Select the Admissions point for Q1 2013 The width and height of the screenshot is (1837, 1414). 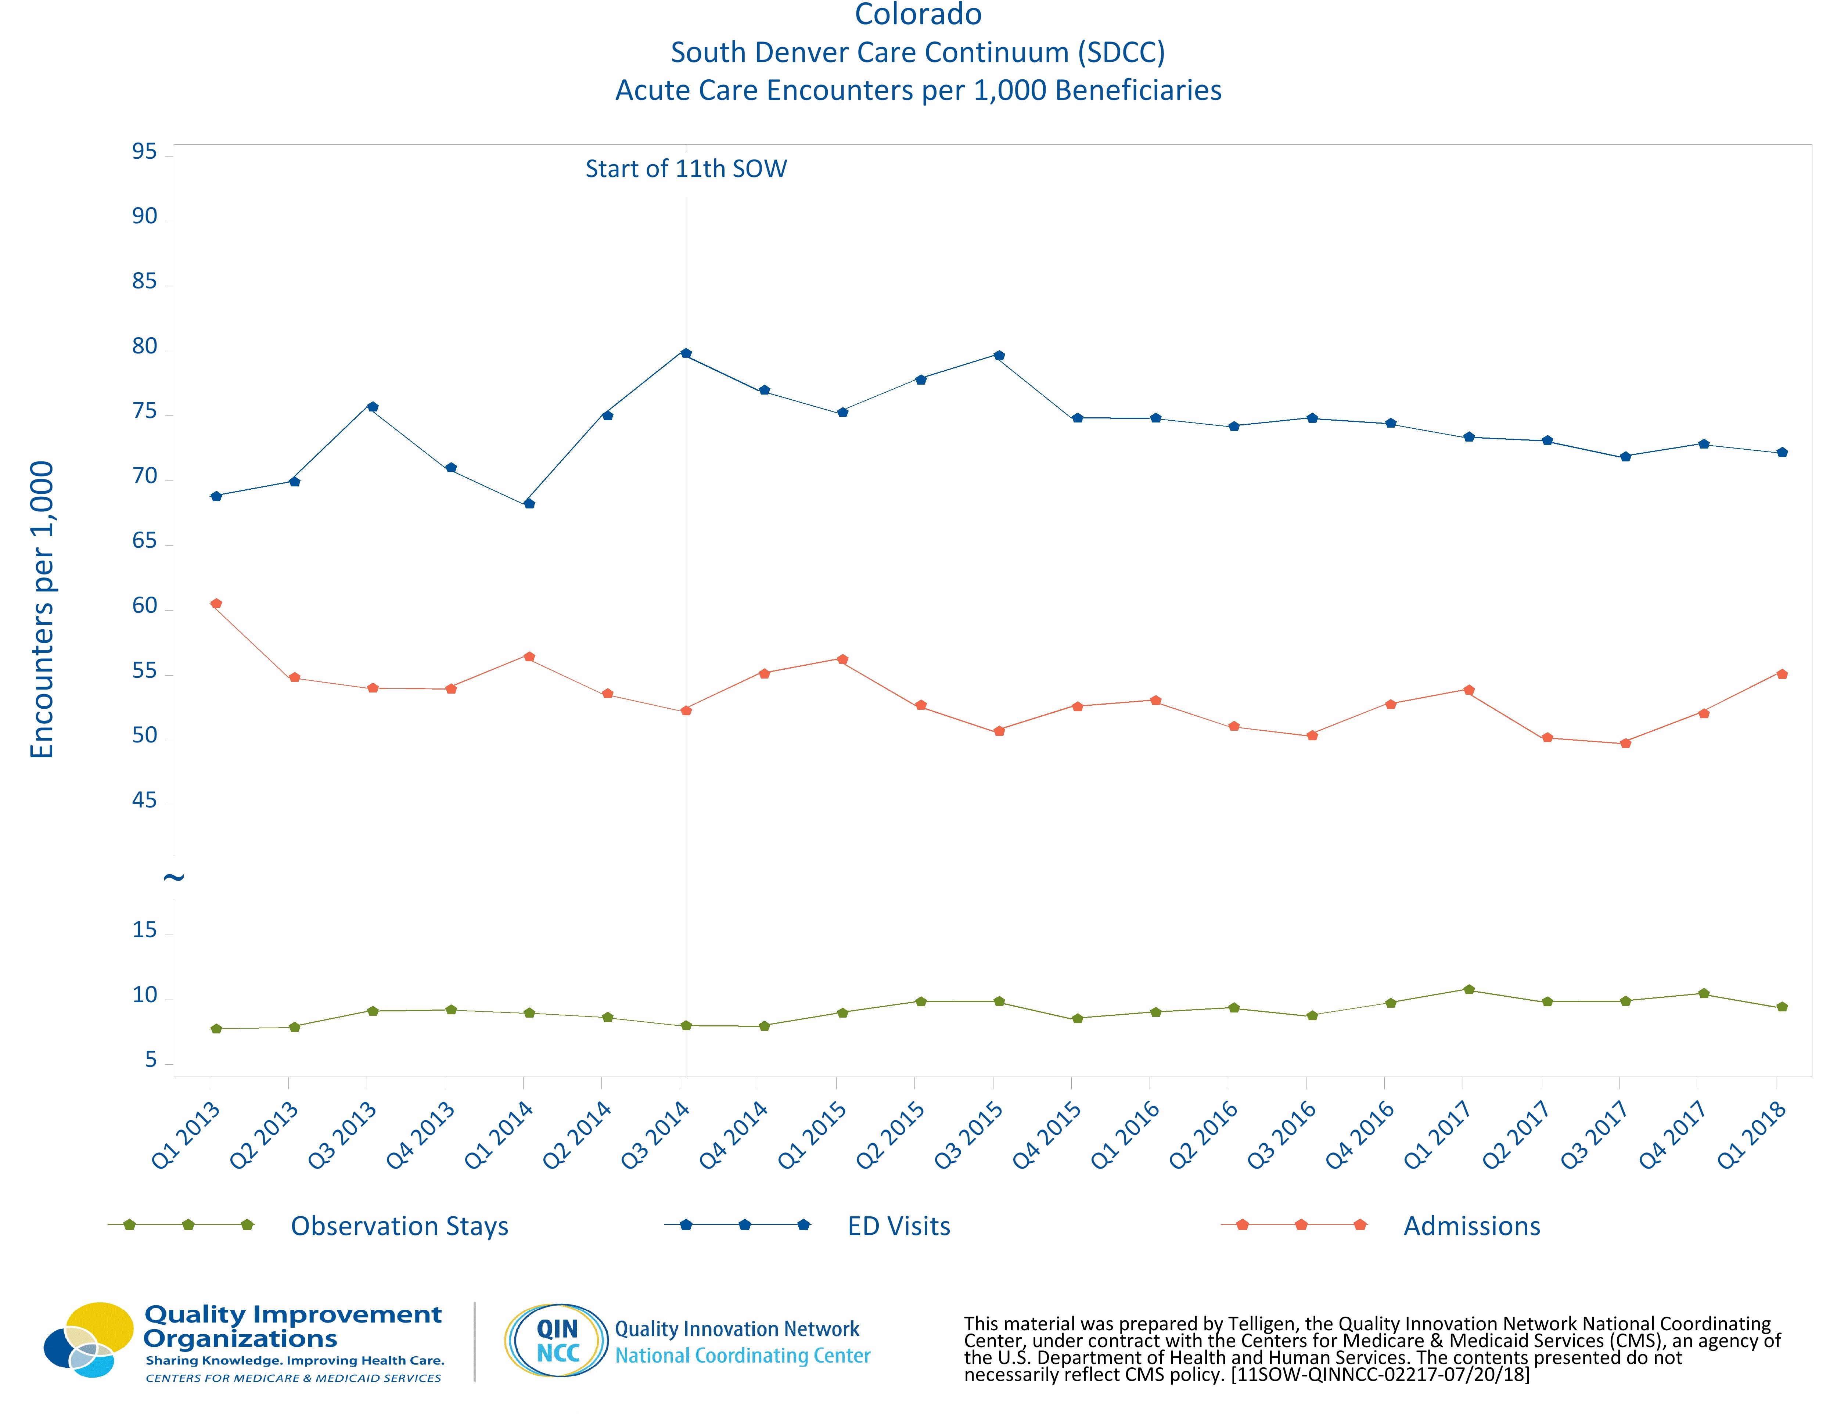[216, 603]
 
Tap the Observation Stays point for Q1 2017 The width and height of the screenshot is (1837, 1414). [1468, 989]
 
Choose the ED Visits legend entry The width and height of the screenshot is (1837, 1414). [898, 1226]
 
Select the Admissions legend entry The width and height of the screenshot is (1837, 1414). [1471, 1226]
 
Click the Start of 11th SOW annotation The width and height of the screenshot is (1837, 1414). [686, 169]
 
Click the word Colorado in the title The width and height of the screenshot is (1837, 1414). [918, 15]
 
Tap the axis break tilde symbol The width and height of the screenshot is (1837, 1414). [173, 877]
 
